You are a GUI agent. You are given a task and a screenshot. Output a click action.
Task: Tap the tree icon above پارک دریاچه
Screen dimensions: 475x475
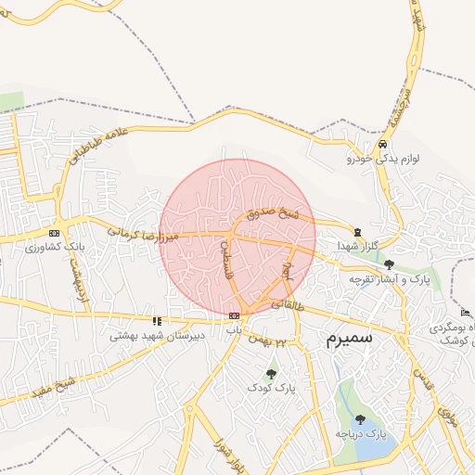pyautogui.click(x=360, y=419)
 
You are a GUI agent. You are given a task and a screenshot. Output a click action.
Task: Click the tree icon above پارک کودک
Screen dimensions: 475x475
pyautogui.click(x=271, y=374)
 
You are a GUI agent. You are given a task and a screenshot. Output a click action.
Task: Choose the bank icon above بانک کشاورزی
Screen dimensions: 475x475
pyautogui.click(x=54, y=233)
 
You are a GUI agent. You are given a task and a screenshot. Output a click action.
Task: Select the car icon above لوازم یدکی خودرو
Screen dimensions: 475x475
pyautogui.click(x=382, y=146)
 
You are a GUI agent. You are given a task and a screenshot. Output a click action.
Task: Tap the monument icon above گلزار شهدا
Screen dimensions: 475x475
pyautogui.click(x=358, y=231)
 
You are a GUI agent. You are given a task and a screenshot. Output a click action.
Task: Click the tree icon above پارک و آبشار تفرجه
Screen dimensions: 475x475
pyautogui.click(x=388, y=264)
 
